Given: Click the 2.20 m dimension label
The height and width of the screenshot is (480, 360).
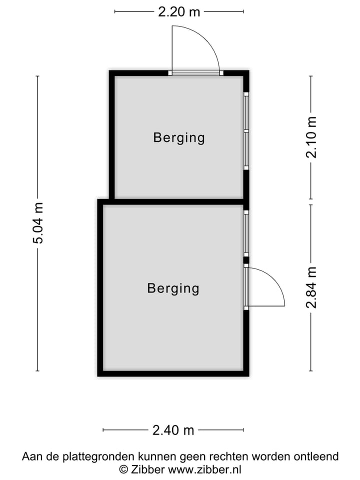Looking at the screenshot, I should point(179,11).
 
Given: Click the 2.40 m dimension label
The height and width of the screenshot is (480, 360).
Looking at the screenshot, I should point(173,429).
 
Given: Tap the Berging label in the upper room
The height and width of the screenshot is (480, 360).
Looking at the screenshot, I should point(179,137).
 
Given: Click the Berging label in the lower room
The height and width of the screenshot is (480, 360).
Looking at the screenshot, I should point(173,288).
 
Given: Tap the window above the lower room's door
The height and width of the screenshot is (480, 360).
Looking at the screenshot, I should point(246,233).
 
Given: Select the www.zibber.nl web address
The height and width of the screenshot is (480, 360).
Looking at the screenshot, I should point(204,469).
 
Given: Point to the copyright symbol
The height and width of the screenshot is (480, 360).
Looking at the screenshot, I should point(123,469).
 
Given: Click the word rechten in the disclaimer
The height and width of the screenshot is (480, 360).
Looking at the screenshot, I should point(238,456).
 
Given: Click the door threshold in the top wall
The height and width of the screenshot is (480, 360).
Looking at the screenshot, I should point(195,73).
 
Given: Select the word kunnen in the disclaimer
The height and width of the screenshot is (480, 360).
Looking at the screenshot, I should point(155,456).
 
